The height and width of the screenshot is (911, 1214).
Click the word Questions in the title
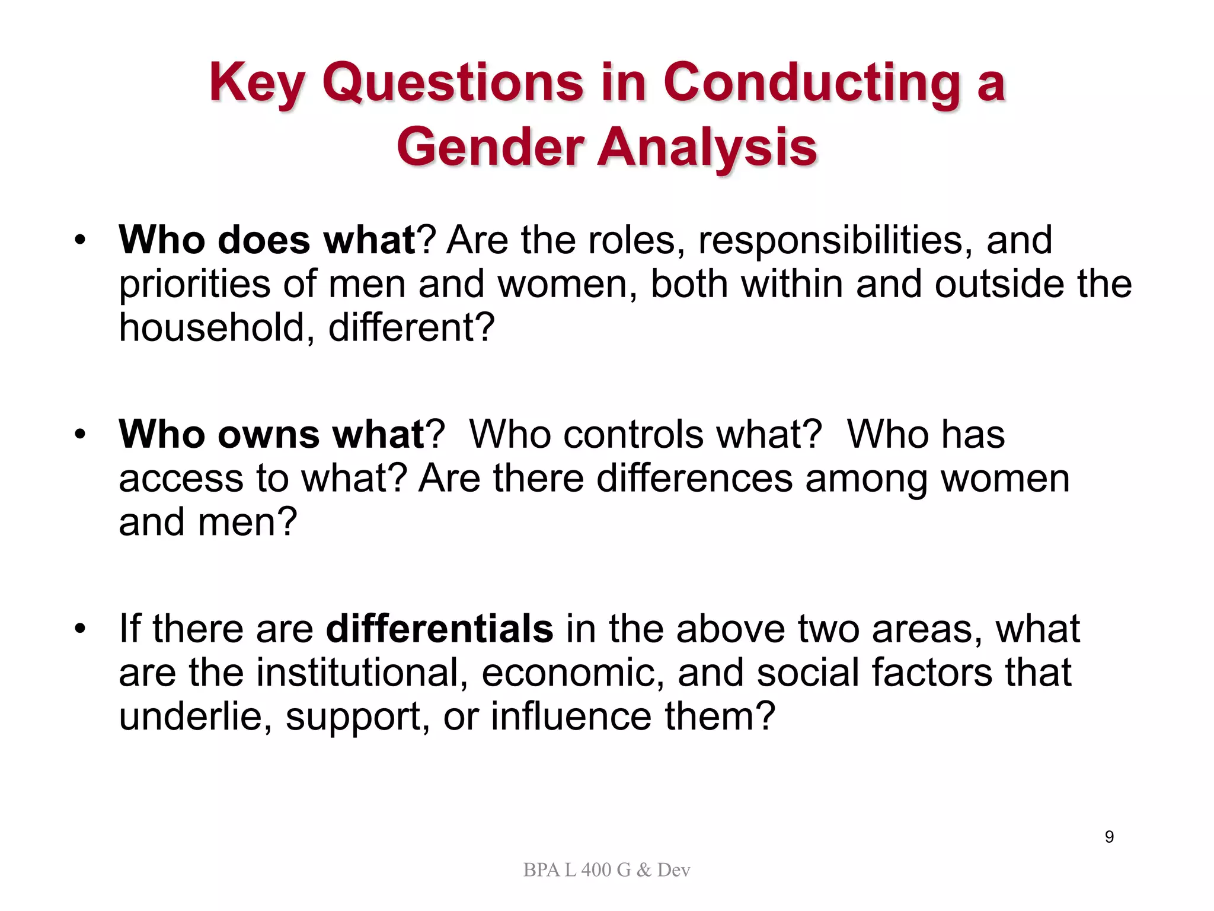[x=453, y=82]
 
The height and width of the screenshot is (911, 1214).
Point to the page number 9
[x=1109, y=837]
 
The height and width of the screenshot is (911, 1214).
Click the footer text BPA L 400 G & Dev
[x=606, y=870]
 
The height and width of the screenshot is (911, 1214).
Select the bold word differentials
[x=439, y=629]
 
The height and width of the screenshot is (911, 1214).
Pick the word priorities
[x=194, y=284]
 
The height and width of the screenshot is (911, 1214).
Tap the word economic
[x=572, y=673]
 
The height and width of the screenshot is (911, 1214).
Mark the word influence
[x=570, y=716]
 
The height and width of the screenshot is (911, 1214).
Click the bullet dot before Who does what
[x=80, y=240]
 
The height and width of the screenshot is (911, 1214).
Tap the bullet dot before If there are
[x=80, y=629]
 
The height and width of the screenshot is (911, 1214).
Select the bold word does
[x=264, y=240]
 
